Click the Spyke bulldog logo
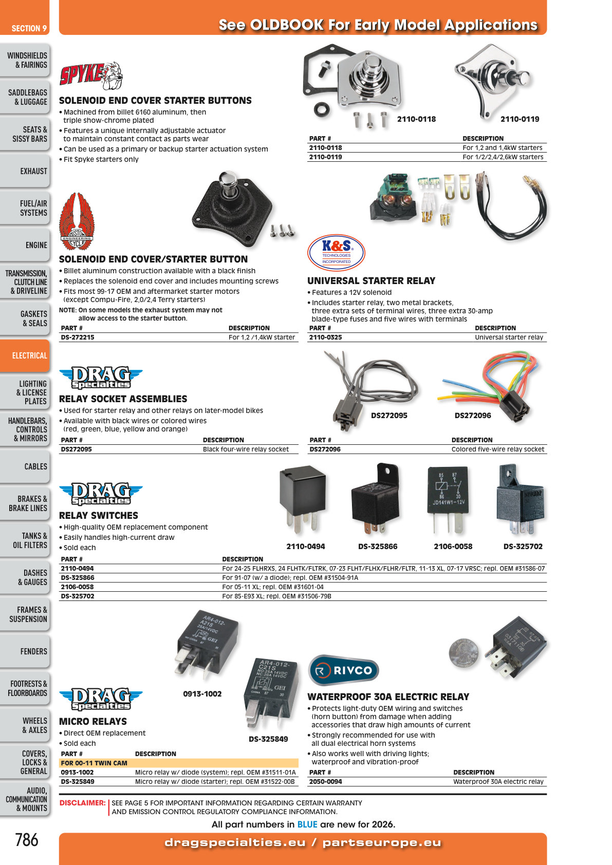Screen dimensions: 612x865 91,75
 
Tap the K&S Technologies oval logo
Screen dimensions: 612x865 336,253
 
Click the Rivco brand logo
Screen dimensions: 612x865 343,670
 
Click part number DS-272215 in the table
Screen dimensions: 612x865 78,337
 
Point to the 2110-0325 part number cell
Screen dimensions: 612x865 325,337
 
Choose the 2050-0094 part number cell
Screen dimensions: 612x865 325,781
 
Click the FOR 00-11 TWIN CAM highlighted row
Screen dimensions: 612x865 179,763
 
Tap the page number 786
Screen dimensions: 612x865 27,839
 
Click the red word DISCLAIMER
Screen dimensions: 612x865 82,803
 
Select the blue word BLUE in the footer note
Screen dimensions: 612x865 307,824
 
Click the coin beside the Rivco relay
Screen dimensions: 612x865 463,653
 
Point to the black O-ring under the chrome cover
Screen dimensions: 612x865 322,110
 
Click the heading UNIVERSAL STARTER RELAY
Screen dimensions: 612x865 372,281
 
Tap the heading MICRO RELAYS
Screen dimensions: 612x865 92,721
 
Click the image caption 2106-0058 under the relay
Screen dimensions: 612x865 453,547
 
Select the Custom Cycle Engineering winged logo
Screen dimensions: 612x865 77,222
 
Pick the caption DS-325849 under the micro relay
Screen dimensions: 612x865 268,739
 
